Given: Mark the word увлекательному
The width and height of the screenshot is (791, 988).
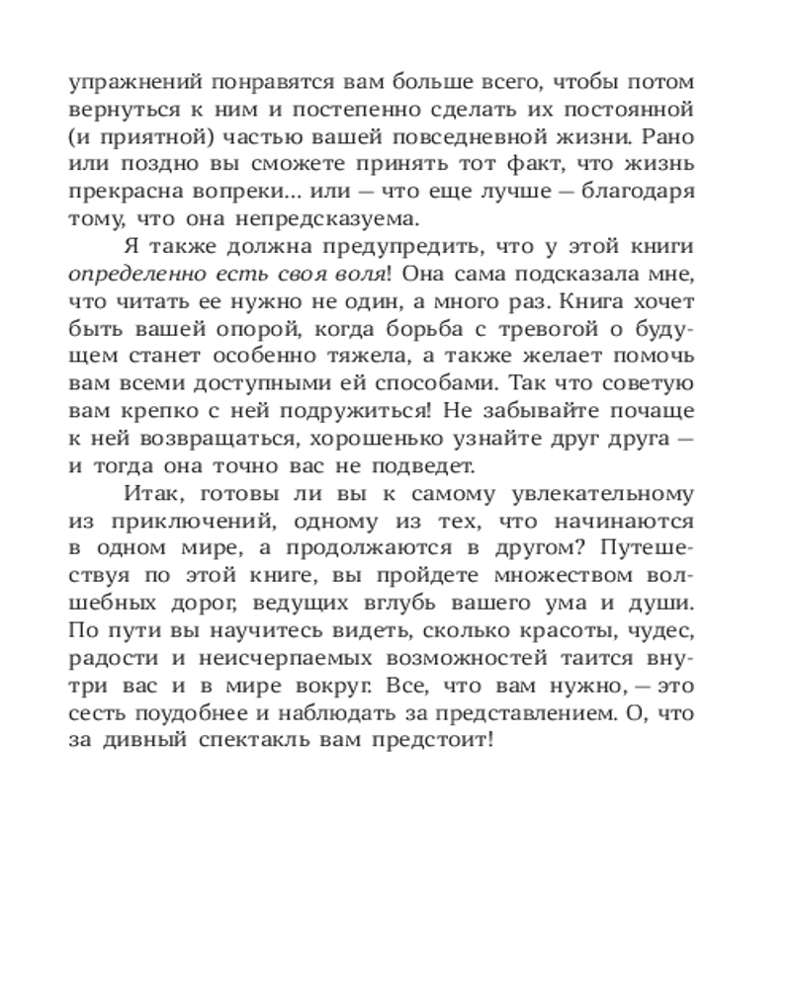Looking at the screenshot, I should click(x=605, y=493).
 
